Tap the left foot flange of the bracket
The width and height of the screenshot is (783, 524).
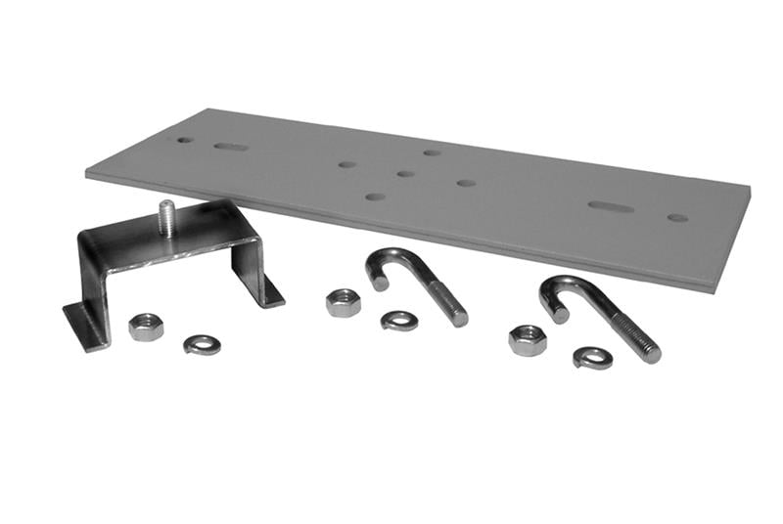coord(84,324)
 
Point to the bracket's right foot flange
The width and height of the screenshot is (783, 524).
coord(266,289)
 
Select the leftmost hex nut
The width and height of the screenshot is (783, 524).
coord(146,327)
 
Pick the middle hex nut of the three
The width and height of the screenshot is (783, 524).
coord(344,302)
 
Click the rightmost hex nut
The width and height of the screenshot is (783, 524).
coord(528,339)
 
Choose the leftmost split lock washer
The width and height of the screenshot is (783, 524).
coord(202,344)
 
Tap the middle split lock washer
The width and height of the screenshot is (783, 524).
coord(399,320)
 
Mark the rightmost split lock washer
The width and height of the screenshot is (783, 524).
coord(593,358)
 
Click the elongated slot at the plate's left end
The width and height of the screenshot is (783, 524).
coord(231,148)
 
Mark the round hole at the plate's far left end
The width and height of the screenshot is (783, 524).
coord(184,140)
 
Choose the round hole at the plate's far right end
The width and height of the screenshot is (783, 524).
coord(677,217)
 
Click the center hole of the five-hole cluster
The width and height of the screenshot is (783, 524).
coord(405,174)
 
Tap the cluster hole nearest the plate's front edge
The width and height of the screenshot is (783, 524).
coord(375,196)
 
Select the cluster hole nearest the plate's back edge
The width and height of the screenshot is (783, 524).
coord(432,153)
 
